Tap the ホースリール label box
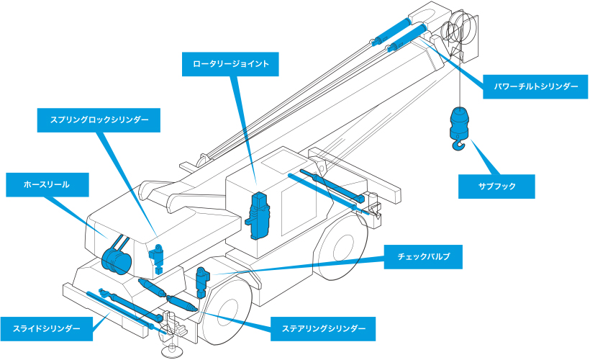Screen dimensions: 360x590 [47, 184]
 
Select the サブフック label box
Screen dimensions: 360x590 [497, 186]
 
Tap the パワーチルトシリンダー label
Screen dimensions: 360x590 [535, 86]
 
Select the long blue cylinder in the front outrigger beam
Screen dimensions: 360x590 [119, 307]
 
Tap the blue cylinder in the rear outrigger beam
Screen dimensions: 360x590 [327, 190]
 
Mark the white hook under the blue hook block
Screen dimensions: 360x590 [458, 147]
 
